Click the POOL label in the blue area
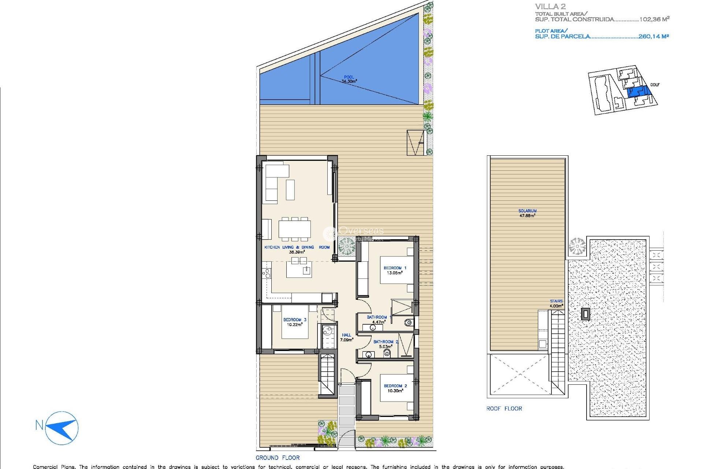click(349, 77)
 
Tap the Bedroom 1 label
click(395, 268)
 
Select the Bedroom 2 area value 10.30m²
click(395, 391)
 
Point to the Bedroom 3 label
click(294, 320)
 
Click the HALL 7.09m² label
click(346, 337)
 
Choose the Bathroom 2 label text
click(386, 341)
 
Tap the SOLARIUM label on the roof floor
click(527, 211)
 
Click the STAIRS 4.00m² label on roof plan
click(556, 303)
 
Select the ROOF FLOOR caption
click(504, 409)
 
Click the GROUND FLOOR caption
click(278, 458)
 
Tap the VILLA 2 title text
click(550, 6)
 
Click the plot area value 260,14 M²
click(653, 36)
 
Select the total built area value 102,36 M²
click(654, 19)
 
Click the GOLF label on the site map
click(655, 85)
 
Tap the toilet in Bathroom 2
click(387, 353)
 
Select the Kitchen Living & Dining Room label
click(297, 247)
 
